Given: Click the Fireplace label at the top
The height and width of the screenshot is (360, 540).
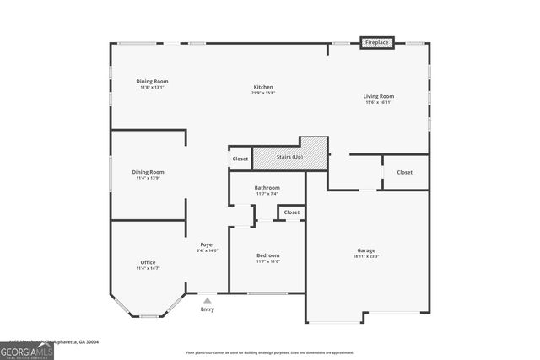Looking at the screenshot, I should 376,42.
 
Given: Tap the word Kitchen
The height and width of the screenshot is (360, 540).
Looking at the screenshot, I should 264,87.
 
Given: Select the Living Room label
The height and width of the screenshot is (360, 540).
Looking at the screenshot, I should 379,96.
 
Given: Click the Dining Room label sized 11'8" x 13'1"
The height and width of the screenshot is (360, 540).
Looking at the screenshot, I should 152,81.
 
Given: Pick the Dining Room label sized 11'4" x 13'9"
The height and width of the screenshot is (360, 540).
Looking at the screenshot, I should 149,172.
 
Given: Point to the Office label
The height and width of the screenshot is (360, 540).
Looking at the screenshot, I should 148,262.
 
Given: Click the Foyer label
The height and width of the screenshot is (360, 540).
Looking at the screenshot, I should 207,244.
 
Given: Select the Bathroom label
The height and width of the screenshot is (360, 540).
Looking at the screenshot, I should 267,188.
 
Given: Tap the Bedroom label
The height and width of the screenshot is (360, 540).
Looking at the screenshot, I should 267,255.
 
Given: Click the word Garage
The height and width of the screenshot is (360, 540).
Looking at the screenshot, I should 366,250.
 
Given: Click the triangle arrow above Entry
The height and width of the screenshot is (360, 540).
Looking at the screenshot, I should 207,299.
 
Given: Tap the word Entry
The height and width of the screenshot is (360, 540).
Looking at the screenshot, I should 207,309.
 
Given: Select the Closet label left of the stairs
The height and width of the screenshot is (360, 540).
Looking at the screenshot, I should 240,159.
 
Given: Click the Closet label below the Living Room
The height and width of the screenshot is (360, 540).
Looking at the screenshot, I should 405,172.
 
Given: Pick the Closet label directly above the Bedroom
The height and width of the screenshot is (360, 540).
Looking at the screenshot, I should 292,212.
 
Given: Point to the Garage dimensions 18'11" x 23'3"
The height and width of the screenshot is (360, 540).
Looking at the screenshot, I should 366,256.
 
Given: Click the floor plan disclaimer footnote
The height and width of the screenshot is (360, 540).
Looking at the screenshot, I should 270,352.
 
